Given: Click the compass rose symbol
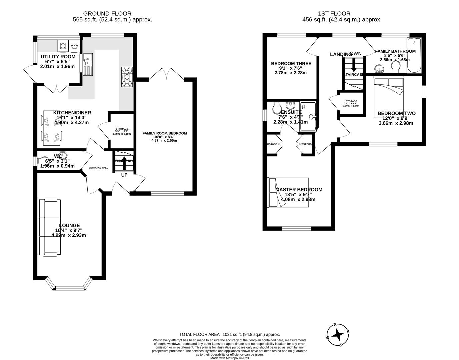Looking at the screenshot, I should [x=338, y=334].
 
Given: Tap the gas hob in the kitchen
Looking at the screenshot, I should [x=127, y=77].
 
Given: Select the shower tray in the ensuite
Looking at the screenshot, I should [x=307, y=115].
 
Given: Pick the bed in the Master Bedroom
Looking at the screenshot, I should [x=288, y=192].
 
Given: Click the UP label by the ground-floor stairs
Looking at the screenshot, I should [x=124, y=175].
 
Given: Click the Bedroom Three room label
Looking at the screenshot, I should [x=291, y=63].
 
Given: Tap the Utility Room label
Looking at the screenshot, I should [x=58, y=57].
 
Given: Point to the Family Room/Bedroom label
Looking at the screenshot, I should [x=165, y=133].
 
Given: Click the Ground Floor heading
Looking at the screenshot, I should [x=107, y=14].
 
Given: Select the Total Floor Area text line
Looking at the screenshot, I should [x=229, y=334].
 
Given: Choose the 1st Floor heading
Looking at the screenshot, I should [x=334, y=14].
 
